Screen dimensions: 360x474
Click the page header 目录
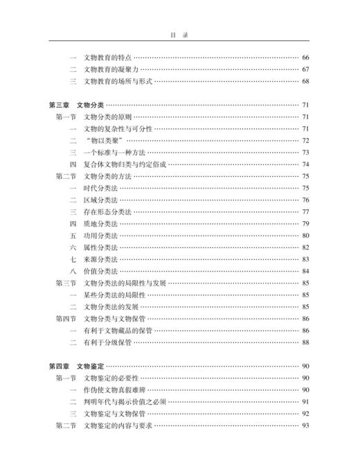click(x=180, y=32)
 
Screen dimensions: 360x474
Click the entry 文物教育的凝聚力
click(x=109, y=69)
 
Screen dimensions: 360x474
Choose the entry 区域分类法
click(x=99, y=200)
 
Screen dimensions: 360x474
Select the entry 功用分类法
click(x=99, y=236)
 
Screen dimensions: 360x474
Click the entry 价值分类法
click(x=99, y=271)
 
